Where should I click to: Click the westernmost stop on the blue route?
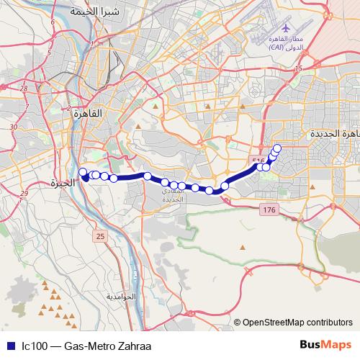click(83, 172)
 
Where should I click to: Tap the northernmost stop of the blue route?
click(277, 148)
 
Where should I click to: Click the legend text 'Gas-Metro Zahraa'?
click(103, 346)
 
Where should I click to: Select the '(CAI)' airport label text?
click(278, 47)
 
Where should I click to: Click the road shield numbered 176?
click(269, 209)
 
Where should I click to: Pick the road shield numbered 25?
click(99, 236)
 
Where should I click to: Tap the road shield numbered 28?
click(24, 89)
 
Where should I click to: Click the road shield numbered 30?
click(14, 126)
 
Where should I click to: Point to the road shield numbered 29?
click(24, 194)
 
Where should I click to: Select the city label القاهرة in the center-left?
click(94, 113)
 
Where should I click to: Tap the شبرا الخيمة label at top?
click(93, 12)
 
